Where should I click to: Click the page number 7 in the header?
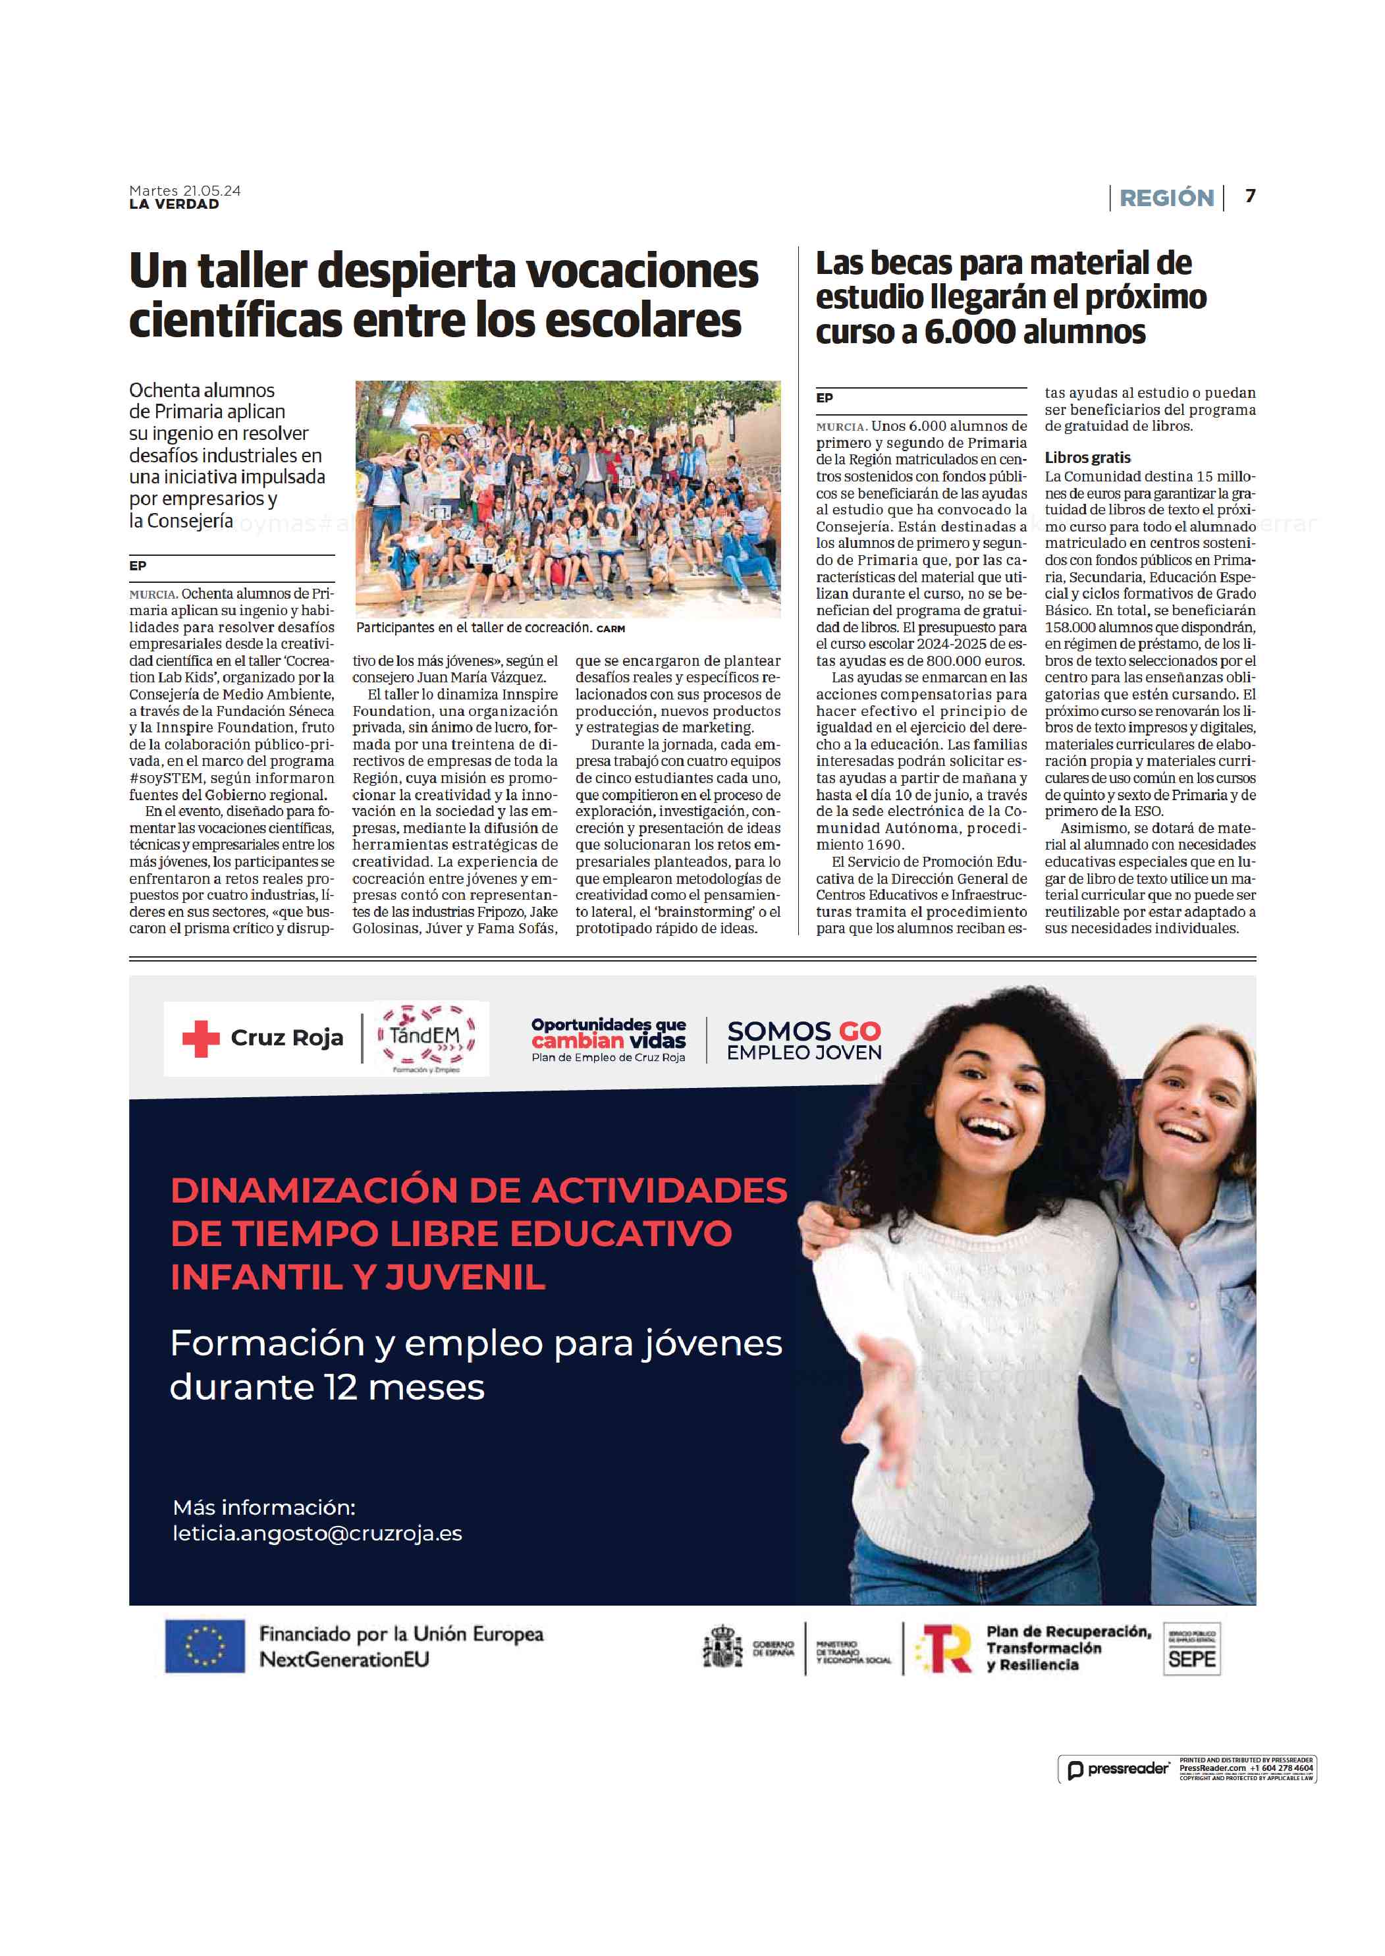(x=1249, y=196)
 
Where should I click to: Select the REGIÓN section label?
(x=1166, y=198)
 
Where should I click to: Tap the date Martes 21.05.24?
(x=184, y=191)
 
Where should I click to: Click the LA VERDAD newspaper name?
(x=174, y=205)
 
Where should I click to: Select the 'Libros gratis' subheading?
(x=1087, y=458)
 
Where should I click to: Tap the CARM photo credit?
(x=611, y=628)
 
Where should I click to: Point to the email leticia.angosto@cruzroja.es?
(x=317, y=1533)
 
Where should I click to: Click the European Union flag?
(x=205, y=1646)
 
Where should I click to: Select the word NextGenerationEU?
(x=344, y=1659)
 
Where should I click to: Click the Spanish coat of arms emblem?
(x=722, y=1646)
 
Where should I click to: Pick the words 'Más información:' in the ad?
(x=263, y=1508)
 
